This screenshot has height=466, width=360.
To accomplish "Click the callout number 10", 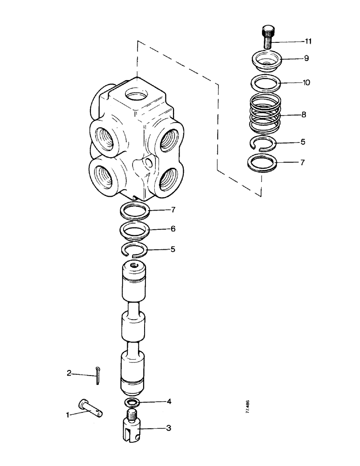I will [x=306, y=82].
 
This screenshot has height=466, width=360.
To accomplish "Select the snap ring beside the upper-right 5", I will [x=262, y=142].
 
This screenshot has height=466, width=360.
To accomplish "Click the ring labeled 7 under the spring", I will [x=262, y=164].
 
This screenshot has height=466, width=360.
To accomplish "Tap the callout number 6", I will [x=173, y=229].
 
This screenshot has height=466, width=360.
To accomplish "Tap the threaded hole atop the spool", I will [x=135, y=265].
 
